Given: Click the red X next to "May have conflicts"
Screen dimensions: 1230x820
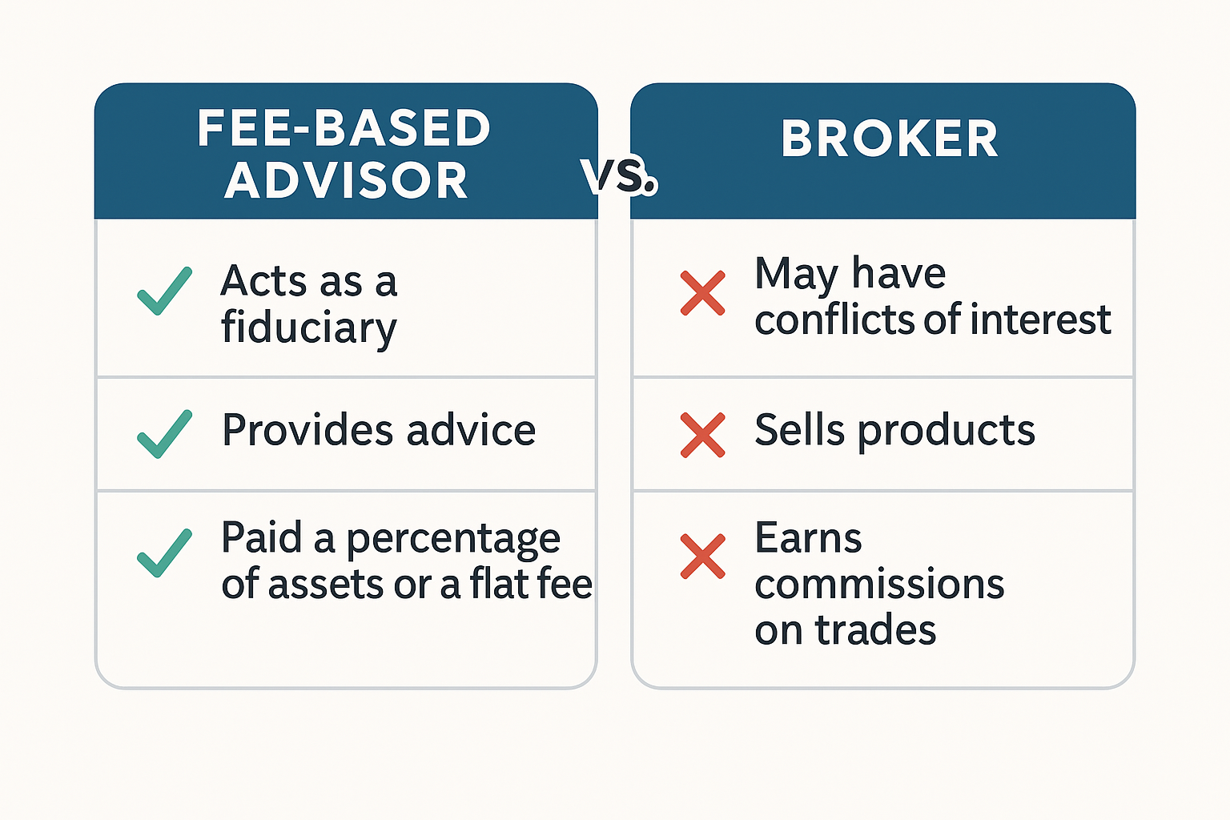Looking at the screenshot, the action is pos(702,293).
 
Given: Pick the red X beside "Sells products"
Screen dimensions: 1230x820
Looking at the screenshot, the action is pos(702,435).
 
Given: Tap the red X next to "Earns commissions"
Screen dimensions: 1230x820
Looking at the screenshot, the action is pos(702,557).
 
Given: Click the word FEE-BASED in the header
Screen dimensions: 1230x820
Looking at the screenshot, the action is pos(344,128).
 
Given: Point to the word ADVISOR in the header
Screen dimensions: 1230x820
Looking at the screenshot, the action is pos(345,180).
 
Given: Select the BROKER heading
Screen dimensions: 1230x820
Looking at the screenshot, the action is pos(889,139).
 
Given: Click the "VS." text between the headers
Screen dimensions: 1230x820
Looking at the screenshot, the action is pos(618,177).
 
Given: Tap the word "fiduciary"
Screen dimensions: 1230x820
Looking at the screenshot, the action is pos(308,328).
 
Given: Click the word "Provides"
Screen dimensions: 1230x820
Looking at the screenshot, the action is pos(307,429).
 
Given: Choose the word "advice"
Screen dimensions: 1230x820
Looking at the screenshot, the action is pos(471,429).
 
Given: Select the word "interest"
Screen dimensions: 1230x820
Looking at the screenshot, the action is pos(1041,319).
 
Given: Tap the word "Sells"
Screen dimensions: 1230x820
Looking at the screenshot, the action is pos(800,429).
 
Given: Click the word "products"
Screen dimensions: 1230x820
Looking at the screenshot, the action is pos(947,431).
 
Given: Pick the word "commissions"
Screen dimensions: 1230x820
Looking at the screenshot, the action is pos(880,584).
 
